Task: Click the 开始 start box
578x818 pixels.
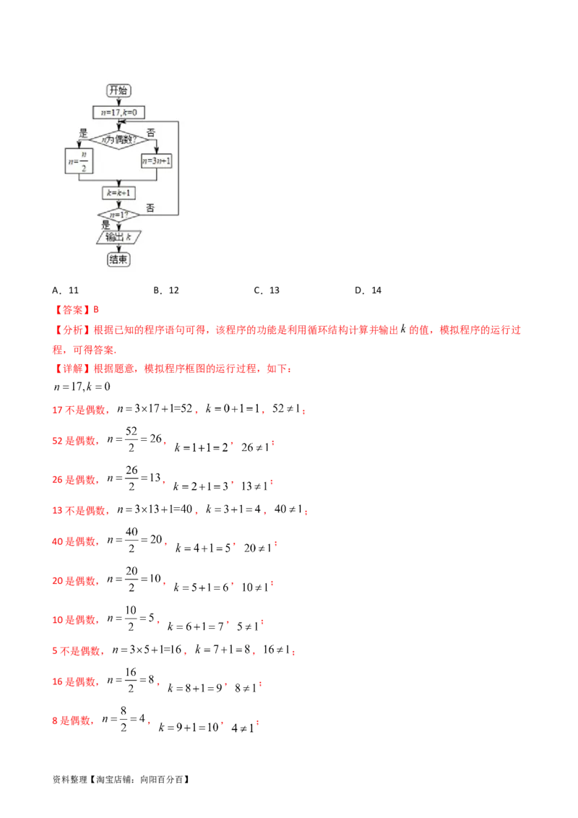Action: (119, 90)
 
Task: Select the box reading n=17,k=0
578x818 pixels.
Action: (119, 112)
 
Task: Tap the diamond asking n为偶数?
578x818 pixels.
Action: (119, 139)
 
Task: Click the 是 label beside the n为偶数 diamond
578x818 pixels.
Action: (83, 133)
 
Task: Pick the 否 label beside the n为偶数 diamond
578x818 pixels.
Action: (150, 133)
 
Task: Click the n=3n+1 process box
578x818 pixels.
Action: (157, 161)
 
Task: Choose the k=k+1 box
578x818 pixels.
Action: (119, 194)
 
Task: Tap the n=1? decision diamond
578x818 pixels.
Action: (119, 215)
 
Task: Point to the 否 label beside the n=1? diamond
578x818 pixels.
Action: (150, 208)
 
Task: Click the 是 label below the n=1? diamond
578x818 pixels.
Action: (106, 225)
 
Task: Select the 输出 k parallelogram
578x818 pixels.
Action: (119, 237)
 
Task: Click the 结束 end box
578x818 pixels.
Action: (119, 259)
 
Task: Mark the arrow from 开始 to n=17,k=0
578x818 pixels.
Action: (119, 102)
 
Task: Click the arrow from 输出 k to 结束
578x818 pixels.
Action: (119, 248)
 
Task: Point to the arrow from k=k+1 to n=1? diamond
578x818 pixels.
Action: (119, 204)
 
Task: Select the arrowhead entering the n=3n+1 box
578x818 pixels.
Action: (157, 150)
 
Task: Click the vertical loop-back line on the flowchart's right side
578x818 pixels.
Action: (178, 170)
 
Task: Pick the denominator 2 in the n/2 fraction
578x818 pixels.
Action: (84, 168)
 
